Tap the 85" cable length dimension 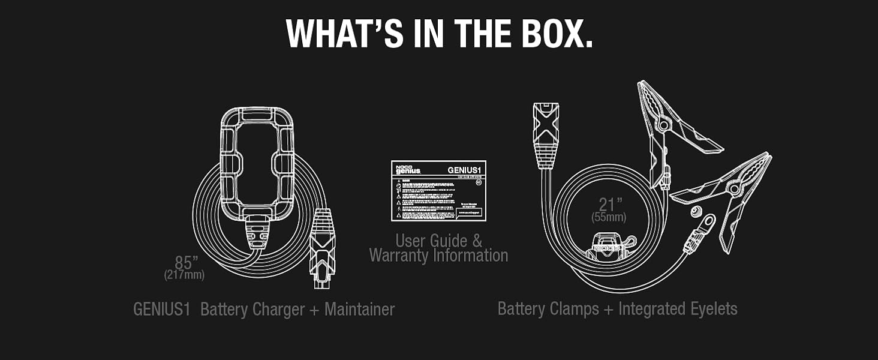[187, 263]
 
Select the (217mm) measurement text [184, 275]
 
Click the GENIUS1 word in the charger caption [161, 310]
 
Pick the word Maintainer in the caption [359, 310]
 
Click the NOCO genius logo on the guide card [408, 169]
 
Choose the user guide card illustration [438, 191]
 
